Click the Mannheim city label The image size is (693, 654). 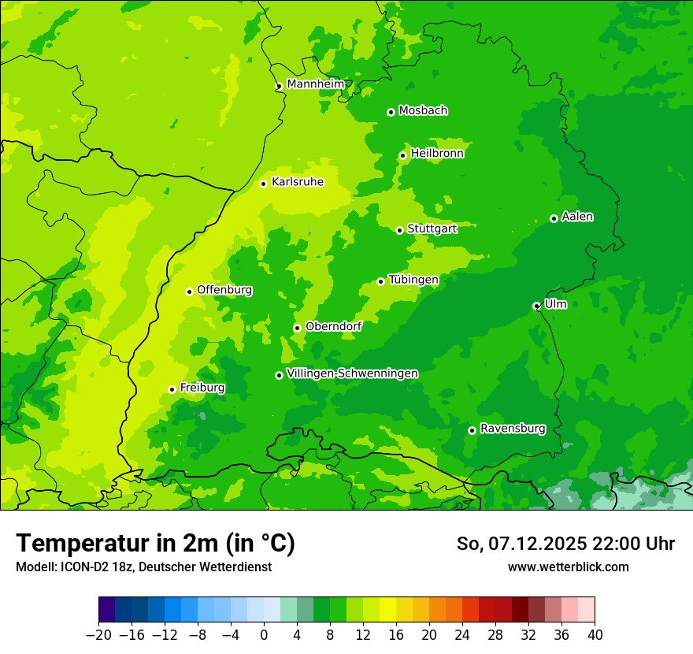316,84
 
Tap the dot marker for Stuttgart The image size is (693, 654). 399,230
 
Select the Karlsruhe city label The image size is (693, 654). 298,181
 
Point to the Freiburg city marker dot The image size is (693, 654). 172,389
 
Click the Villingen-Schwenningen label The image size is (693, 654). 352,373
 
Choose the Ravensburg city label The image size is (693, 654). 513,428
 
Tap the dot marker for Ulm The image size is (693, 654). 536,306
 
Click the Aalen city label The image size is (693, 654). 577,216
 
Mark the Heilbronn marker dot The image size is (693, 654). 402,155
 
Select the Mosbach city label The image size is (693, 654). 423,110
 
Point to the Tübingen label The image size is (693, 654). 413,279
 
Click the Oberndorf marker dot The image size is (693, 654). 297,328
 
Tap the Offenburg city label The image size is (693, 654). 224,289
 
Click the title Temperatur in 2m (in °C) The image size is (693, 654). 155,543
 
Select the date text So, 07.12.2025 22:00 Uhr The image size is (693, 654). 565,544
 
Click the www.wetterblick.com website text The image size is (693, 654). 568,567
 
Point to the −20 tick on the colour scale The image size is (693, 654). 98,634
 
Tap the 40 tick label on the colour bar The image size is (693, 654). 595,634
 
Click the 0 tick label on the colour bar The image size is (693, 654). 264,634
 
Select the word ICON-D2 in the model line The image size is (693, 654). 80,567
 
